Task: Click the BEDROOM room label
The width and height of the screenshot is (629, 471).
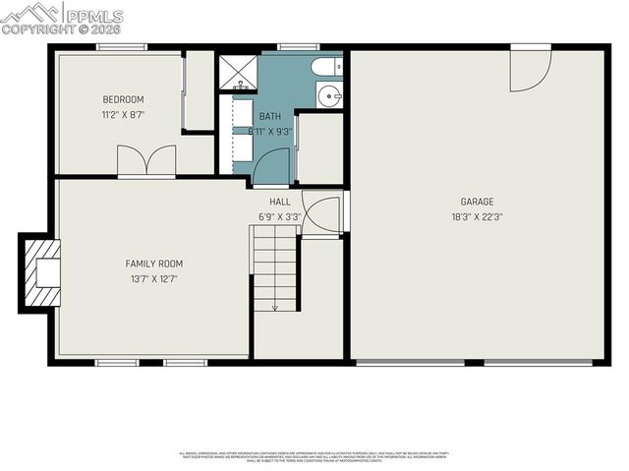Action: (124, 99)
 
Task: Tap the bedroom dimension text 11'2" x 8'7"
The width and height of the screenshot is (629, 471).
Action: (124, 114)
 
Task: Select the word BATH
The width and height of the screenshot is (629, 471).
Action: (269, 116)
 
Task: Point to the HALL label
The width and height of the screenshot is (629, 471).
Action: (279, 202)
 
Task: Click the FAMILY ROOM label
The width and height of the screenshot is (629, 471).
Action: (153, 264)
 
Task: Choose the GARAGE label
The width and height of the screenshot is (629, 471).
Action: (477, 202)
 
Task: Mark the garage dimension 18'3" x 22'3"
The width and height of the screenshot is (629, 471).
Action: (477, 216)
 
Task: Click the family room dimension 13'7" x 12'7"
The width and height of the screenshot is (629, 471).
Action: (153, 278)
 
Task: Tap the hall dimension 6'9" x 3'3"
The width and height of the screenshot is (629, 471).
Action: (279, 216)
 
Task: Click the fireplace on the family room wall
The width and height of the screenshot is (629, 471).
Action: (42, 272)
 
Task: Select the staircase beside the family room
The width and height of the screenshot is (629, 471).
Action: (275, 267)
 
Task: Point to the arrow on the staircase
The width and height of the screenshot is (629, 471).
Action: (275, 305)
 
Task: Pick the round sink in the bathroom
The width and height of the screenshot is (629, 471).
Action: (328, 95)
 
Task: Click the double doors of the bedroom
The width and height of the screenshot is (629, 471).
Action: (146, 161)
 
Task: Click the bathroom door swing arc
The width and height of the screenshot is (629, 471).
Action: (271, 167)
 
